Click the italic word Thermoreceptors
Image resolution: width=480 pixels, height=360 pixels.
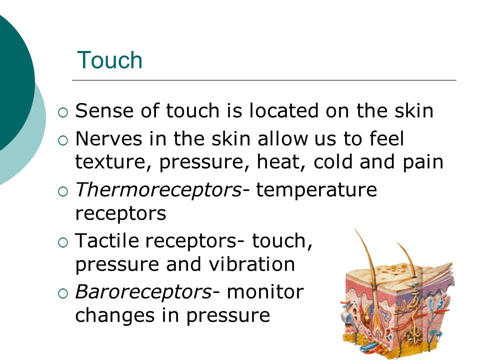coord(158,190)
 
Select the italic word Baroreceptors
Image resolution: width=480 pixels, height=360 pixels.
coord(143,291)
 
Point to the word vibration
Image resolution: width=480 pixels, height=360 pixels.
coord(251,264)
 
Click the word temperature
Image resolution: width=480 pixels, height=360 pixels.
coord(316,190)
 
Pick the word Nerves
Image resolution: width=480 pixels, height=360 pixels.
coord(108,138)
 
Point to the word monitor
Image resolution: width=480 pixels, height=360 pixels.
coord(265,291)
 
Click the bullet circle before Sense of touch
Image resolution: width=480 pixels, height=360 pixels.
coord(63,112)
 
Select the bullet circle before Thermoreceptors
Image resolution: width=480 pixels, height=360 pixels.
coord(63,192)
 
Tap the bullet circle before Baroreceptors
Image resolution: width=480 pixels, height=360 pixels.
coord(63,294)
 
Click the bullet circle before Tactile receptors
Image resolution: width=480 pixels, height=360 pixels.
coord(63,243)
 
